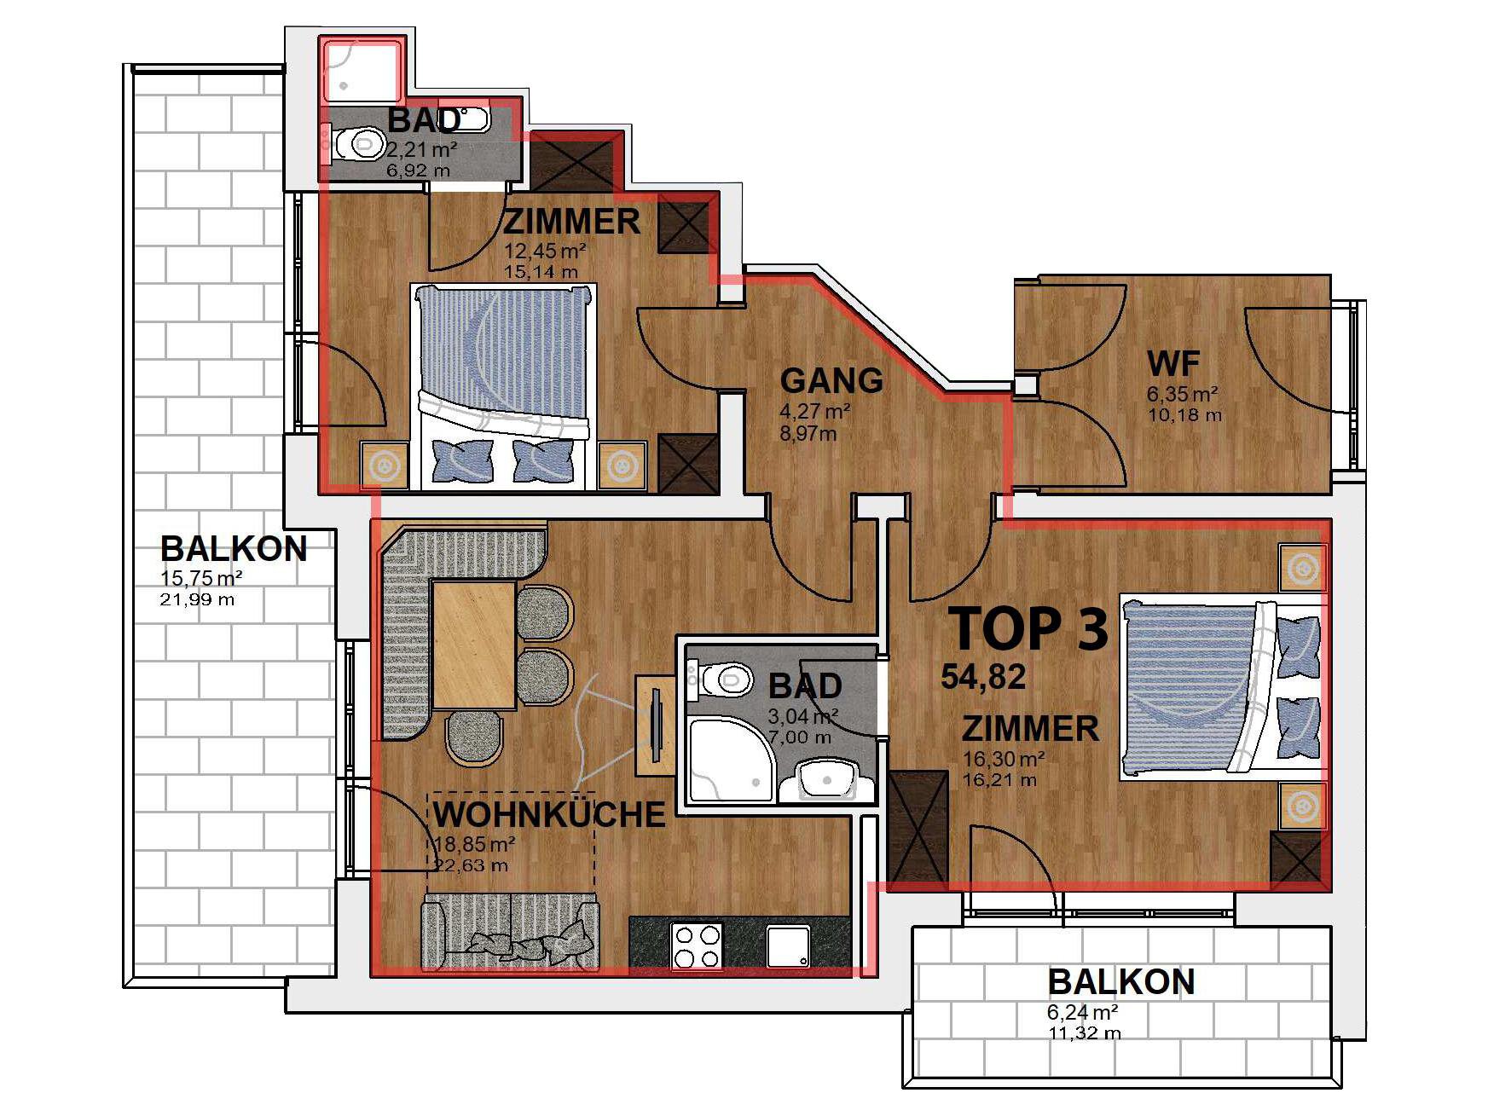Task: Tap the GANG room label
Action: point(831,380)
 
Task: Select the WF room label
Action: point(1173,364)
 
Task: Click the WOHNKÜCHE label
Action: point(549,814)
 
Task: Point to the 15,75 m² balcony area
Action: point(201,578)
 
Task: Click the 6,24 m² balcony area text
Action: point(1082,1012)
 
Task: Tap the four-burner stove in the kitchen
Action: point(697,945)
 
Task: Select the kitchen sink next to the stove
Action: point(787,946)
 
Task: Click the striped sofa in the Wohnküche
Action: point(510,933)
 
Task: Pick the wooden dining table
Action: point(474,645)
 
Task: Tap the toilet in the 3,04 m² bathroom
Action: point(723,679)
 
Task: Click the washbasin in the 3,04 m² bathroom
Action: point(827,779)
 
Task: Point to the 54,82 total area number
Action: point(983,677)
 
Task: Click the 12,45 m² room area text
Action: point(545,251)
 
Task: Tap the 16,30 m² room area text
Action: point(1004,759)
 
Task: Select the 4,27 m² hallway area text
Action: point(814,411)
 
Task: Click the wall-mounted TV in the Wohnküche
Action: point(656,725)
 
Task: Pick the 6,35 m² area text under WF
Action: point(1182,394)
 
